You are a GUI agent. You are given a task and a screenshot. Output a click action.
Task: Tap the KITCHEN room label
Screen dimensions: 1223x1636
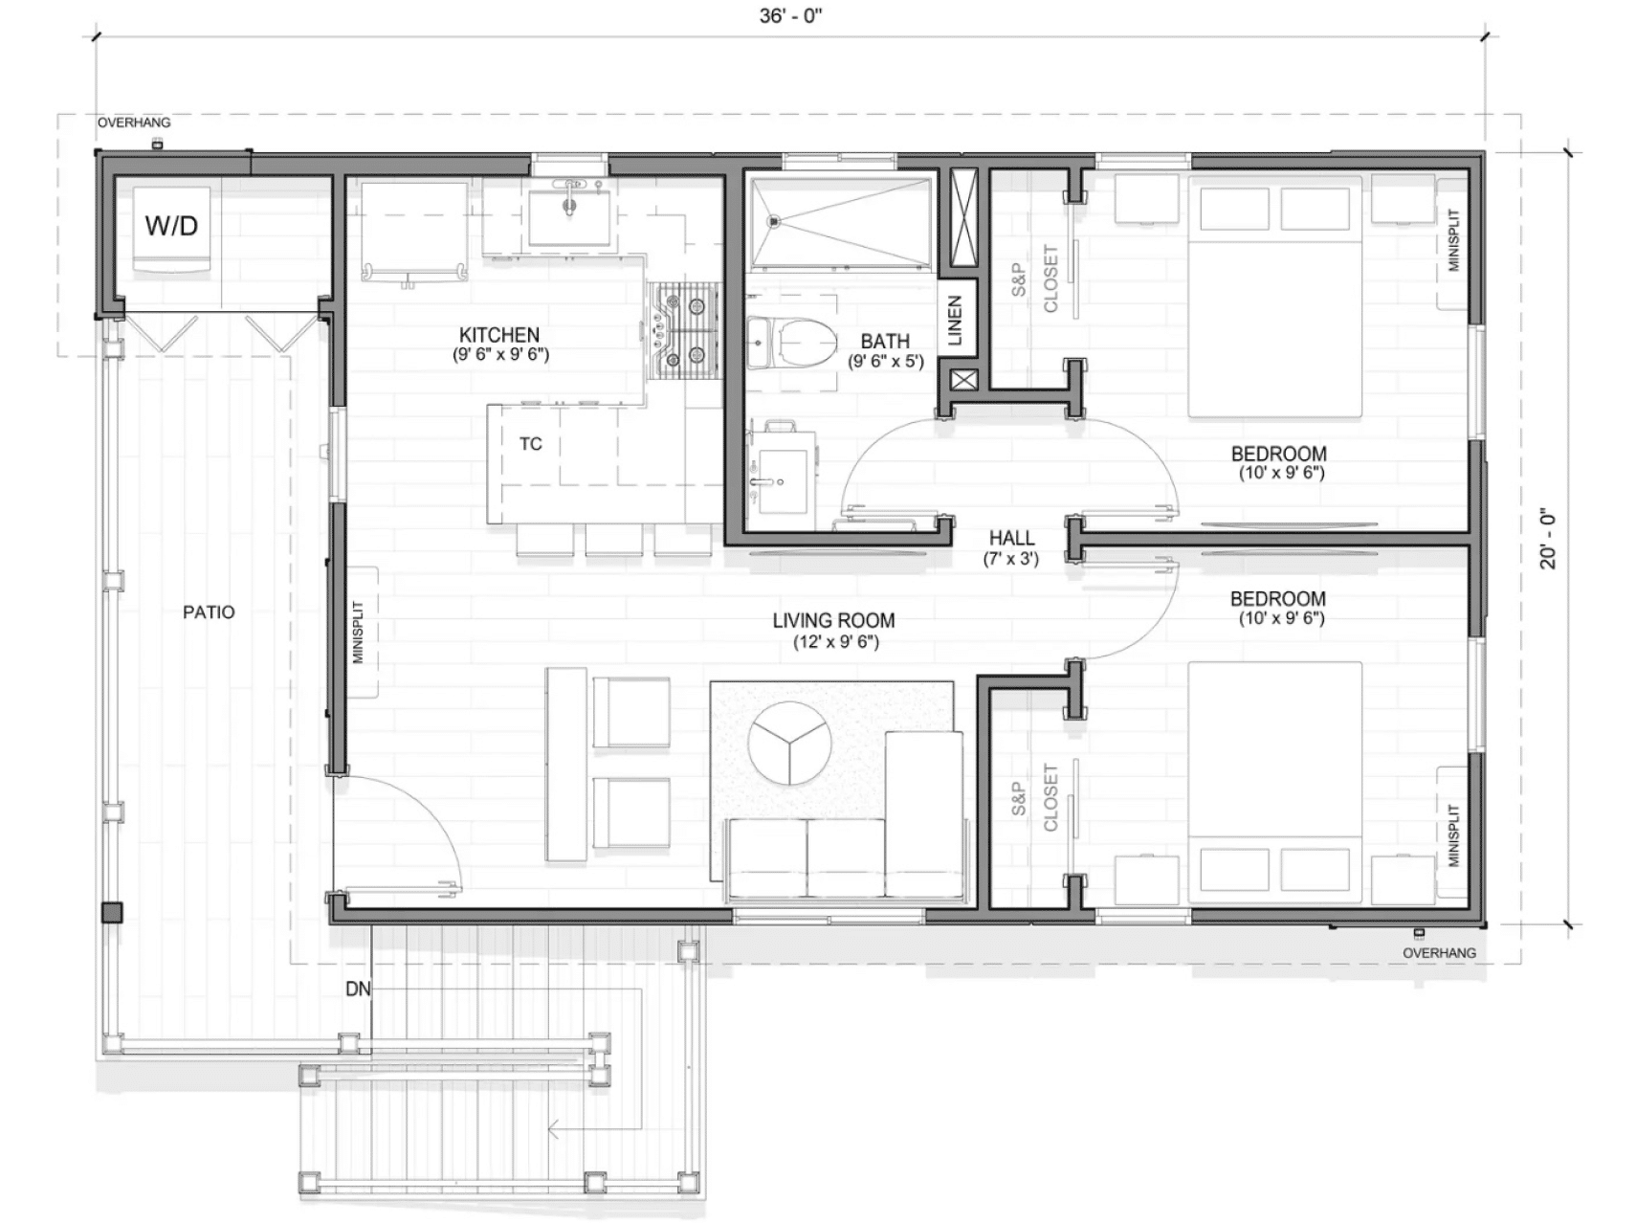coord(499,335)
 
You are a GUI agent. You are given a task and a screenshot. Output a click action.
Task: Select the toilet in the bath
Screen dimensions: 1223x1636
coord(802,342)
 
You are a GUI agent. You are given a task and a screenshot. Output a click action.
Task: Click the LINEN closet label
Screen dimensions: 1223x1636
coord(955,321)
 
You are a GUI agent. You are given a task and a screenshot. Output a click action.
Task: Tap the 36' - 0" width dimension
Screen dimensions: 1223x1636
coord(790,17)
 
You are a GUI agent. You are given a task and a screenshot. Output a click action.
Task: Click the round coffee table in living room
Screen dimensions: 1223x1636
coord(789,743)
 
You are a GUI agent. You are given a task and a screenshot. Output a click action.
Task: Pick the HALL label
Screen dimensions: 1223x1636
coord(1011,538)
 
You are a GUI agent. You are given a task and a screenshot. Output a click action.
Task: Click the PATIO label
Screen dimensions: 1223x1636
coord(209,612)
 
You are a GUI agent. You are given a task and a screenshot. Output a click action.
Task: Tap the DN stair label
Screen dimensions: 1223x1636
coord(358,989)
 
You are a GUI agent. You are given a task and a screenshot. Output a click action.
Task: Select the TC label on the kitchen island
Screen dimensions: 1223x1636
coord(531,444)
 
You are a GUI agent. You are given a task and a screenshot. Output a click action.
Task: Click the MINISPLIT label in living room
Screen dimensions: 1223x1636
coord(359,632)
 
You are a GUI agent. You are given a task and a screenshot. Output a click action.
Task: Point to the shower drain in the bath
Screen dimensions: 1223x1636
coord(774,221)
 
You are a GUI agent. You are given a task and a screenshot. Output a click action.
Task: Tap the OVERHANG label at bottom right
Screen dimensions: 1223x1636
coord(1439,953)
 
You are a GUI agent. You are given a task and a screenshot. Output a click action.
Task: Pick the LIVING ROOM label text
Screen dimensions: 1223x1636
coord(833,620)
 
